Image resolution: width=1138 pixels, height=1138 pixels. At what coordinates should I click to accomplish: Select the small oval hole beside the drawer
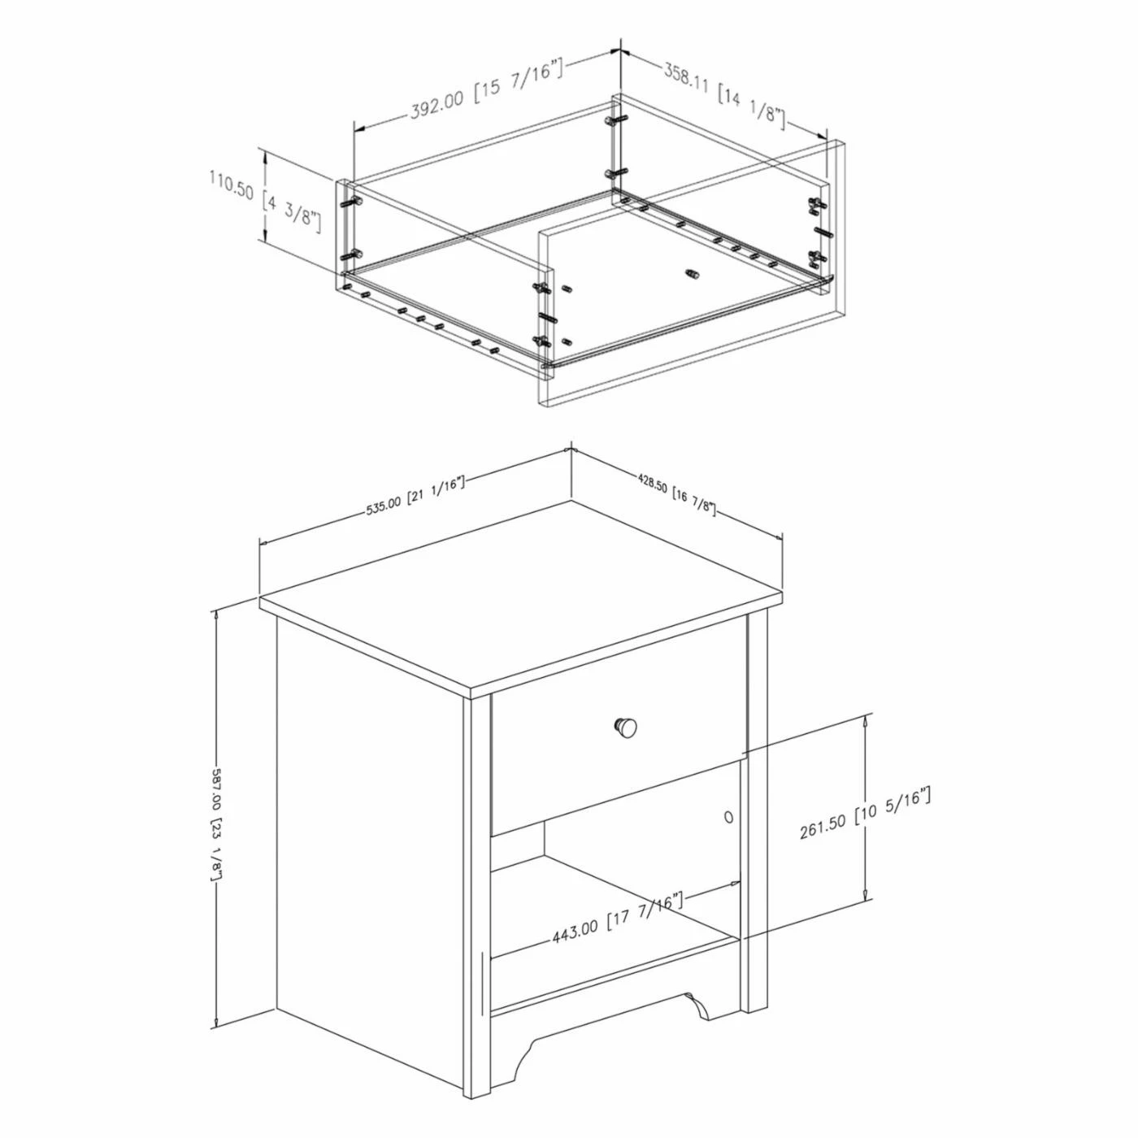click(728, 815)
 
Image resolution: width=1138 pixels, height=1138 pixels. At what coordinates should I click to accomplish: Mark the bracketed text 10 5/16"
click(893, 807)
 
